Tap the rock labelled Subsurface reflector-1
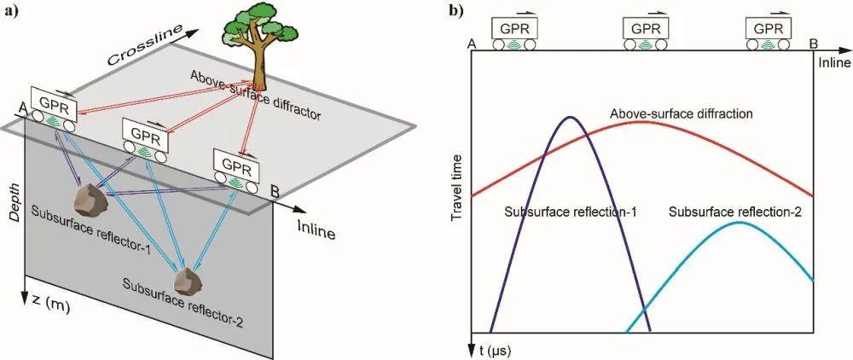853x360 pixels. tap(91, 199)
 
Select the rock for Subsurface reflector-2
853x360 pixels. tap(188, 282)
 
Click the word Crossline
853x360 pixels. tap(143, 47)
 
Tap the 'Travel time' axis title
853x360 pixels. tap(457, 187)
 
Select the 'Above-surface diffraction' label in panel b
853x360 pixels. tap(681, 114)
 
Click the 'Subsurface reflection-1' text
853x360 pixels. tap(571, 212)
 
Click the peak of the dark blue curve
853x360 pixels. tap(570, 117)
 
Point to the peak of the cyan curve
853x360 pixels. tap(738, 222)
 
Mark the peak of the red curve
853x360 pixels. tap(642, 121)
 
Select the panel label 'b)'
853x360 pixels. tap(456, 11)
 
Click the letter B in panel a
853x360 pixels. tap(276, 191)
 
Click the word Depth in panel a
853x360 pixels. tap(15, 201)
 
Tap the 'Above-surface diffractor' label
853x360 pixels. tap(256, 96)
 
